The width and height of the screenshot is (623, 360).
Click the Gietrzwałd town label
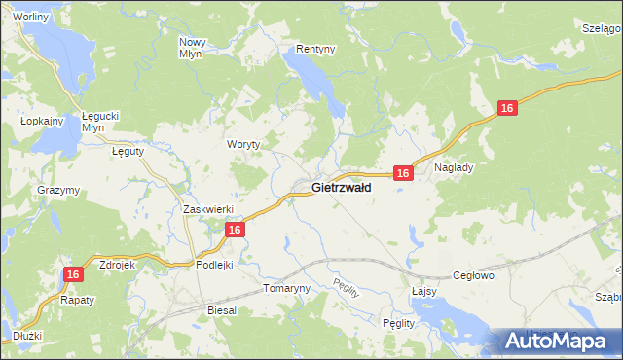pyautogui.click(x=341, y=188)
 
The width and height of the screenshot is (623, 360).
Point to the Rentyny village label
pyautogui.click(x=315, y=48)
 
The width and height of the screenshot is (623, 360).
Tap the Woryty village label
pyautogui.click(x=244, y=144)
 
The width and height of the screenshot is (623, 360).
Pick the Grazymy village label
pyautogui.click(x=57, y=190)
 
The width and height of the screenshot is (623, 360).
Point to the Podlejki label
pyautogui.click(x=214, y=265)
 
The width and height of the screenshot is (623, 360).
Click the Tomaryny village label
pyautogui.click(x=286, y=289)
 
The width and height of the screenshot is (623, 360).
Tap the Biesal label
pyautogui.click(x=222, y=309)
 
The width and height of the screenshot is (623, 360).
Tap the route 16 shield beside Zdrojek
pyautogui.click(x=73, y=275)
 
